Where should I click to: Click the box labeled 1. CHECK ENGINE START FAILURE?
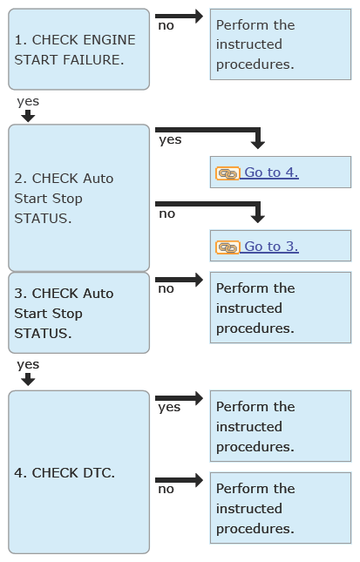tap(78, 49)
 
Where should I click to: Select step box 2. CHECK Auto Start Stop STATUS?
tap(78, 198)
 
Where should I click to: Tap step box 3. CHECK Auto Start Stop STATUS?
tap(78, 313)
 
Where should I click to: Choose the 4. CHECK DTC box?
tap(78, 472)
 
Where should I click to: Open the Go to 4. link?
tap(271, 173)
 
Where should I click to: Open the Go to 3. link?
tap(271, 247)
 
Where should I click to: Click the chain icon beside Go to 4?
tap(228, 173)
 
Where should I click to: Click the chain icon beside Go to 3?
tap(228, 247)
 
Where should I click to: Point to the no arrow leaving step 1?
tap(179, 17)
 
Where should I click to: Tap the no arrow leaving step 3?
tap(179, 280)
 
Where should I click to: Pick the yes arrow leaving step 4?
tap(179, 398)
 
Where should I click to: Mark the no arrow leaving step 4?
tap(179, 480)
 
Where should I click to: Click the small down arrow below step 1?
tap(28, 116)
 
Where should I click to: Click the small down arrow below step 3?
tap(28, 380)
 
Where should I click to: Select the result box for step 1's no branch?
tap(281, 44)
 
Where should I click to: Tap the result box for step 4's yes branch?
tap(281, 426)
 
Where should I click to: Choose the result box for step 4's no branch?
tap(281, 508)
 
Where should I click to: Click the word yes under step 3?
tap(28, 365)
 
